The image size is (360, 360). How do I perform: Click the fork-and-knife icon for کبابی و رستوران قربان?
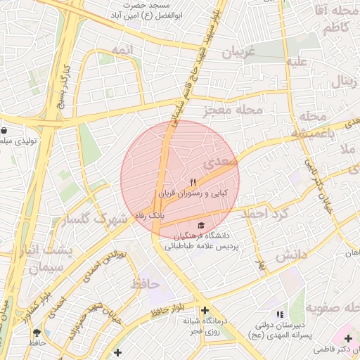174,182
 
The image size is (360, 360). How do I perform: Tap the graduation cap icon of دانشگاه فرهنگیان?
202,225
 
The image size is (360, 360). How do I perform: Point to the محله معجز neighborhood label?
233,110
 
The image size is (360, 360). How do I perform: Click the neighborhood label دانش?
291,256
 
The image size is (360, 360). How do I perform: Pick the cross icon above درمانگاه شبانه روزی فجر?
205,310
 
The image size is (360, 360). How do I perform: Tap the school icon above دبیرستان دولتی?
280,314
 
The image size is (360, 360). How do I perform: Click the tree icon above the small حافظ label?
37,333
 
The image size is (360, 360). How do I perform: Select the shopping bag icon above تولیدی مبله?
5,130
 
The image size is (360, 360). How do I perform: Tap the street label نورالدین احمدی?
112,264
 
